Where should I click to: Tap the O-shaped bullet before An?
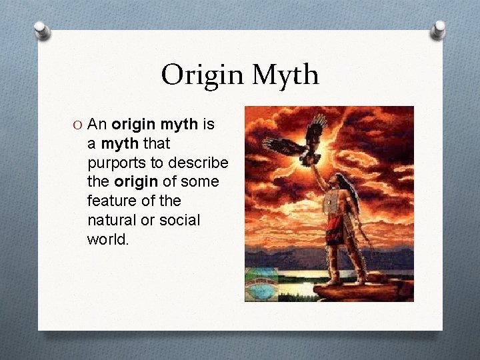point(79,125)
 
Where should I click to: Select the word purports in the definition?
point(117,163)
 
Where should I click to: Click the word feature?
point(111,201)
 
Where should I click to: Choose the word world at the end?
point(107,239)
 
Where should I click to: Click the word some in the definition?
point(199,182)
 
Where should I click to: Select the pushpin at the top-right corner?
point(437,29)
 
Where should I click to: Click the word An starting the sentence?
point(98,125)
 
